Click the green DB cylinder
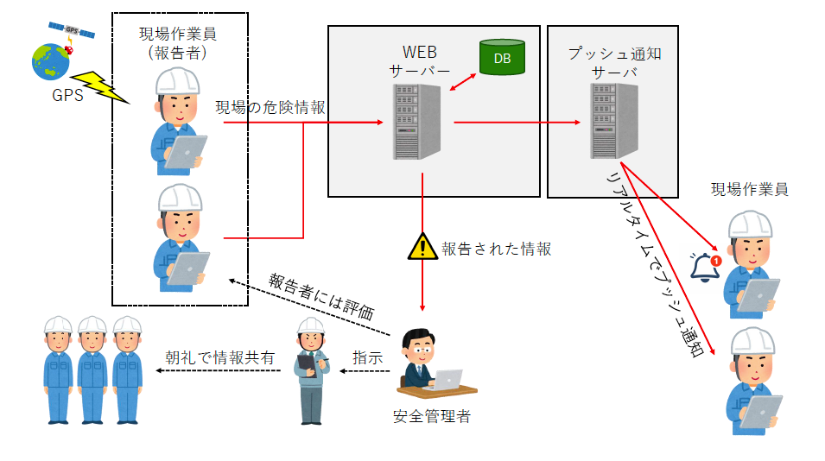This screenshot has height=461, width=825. click(x=501, y=58)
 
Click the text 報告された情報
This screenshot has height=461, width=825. click(x=496, y=249)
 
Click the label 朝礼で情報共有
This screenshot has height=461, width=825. click(x=220, y=357)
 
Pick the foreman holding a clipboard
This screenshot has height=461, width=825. click(x=311, y=371)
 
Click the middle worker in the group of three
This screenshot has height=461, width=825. click(x=92, y=369)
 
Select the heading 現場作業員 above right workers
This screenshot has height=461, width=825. click(x=749, y=189)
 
